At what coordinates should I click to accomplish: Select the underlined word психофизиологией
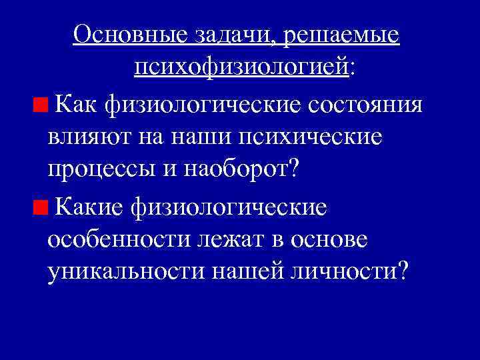pos(241,66)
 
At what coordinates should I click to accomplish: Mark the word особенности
pos(117,240)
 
